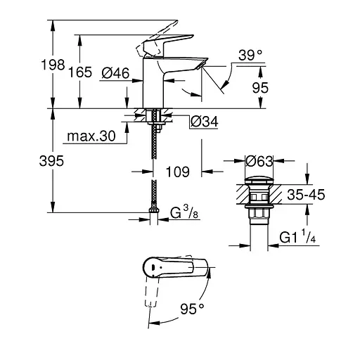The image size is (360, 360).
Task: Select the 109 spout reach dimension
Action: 179,170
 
